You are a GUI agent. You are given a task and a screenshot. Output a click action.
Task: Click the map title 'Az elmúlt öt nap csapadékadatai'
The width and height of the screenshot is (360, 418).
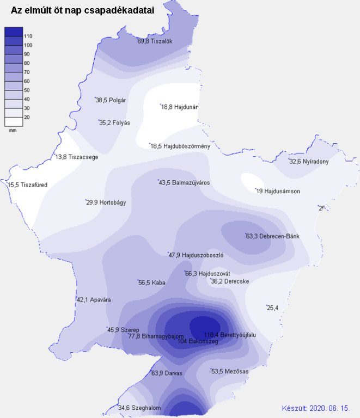[82, 10]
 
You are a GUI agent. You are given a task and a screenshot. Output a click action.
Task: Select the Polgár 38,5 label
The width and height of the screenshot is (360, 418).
[111, 100]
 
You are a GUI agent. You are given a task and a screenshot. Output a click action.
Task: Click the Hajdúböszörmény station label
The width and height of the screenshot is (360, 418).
[180, 146]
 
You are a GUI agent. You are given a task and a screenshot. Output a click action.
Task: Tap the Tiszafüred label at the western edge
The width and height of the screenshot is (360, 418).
[28, 185]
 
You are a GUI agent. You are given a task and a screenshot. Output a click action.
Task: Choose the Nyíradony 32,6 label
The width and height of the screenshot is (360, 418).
[309, 161]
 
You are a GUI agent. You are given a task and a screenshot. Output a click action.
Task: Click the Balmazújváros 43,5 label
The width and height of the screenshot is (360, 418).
[184, 182]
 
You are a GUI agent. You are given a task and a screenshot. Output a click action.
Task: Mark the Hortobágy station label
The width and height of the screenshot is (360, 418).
[106, 202]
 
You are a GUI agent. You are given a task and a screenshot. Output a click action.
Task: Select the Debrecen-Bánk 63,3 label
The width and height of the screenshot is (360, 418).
[273, 236]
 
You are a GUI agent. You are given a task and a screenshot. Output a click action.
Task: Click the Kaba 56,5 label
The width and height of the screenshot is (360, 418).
[152, 282]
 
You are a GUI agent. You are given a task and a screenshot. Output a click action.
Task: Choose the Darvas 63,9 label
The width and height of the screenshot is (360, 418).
[167, 373]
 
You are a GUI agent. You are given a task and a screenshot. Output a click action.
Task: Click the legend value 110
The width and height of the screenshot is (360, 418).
[28, 36]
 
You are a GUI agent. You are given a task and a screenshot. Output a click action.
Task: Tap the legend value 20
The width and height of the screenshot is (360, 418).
[27, 117]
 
